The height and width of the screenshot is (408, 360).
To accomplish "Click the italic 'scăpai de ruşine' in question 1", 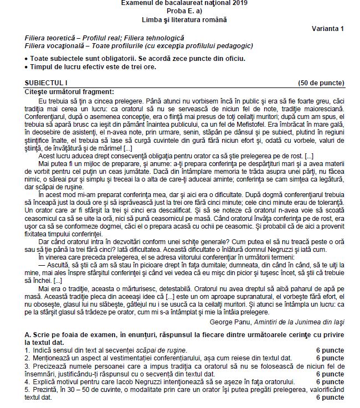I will click(x=161, y=350).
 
